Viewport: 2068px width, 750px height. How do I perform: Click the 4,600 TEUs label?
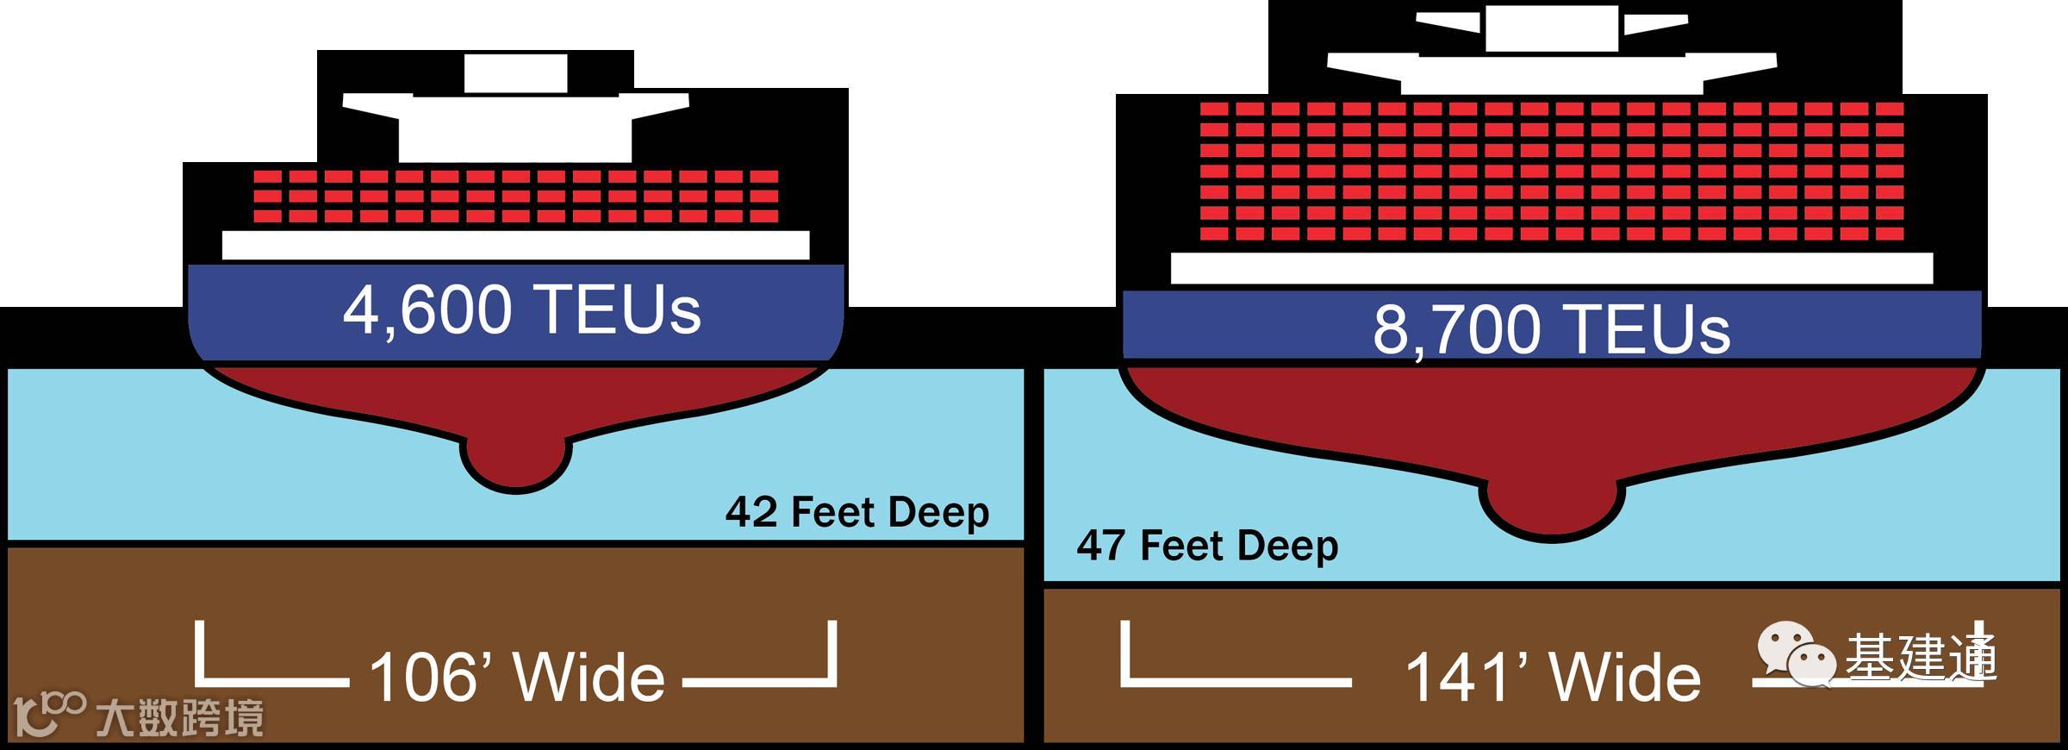tap(521, 310)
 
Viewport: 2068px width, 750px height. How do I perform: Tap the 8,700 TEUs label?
tap(1551, 329)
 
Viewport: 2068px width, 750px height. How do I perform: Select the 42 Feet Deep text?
tap(856, 512)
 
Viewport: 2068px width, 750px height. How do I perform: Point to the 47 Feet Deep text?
tap(1207, 546)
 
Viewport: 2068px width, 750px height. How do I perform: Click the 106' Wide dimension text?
tap(516, 678)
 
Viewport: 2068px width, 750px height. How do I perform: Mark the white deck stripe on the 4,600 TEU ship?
tap(515, 245)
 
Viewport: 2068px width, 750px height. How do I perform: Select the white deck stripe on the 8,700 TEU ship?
tap(1551, 268)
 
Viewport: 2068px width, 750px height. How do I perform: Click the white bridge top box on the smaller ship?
tap(515, 72)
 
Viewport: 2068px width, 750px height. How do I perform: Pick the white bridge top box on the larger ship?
tap(1551, 28)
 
